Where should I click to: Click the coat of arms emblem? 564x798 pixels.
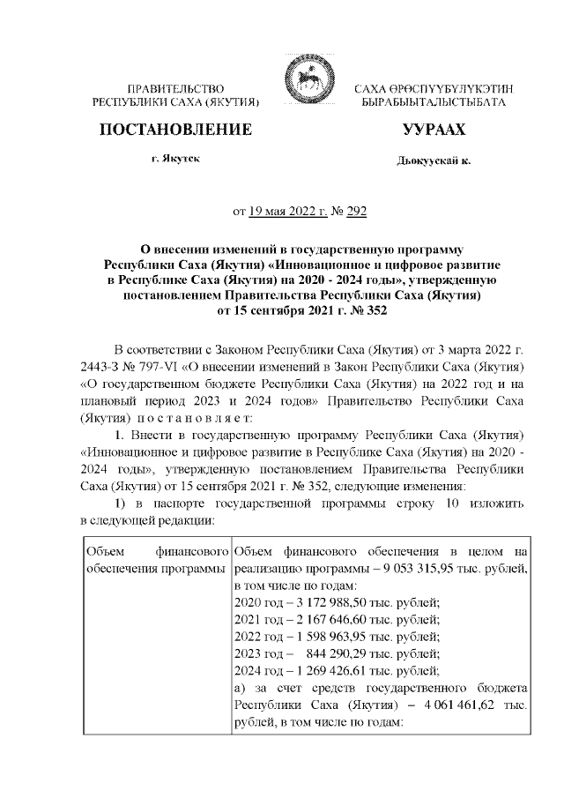tap(302, 82)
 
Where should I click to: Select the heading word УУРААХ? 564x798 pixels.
tap(434, 131)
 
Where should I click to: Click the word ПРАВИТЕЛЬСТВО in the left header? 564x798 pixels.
tap(175, 89)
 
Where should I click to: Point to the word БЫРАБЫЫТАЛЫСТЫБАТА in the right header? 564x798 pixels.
tap(434, 103)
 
